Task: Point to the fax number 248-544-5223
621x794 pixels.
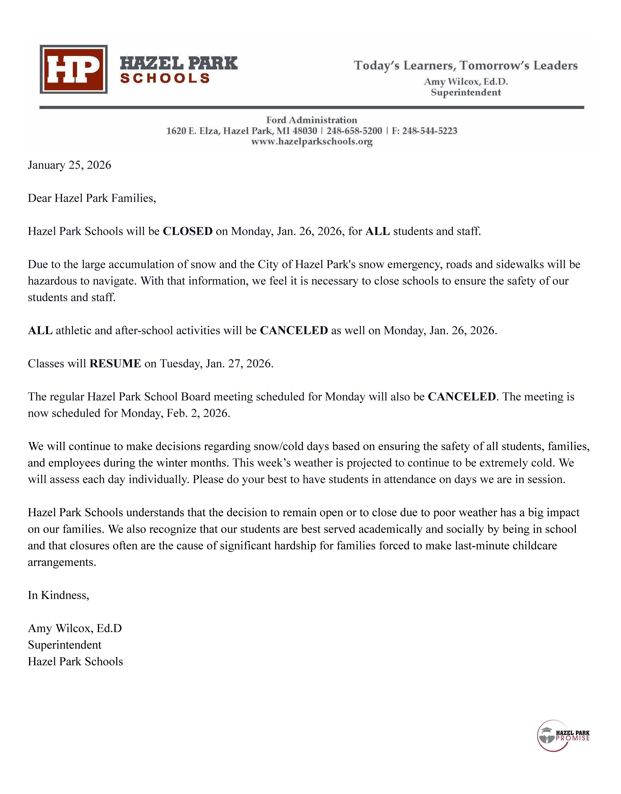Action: (x=430, y=131)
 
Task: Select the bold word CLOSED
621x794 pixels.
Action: (x=187, y=231)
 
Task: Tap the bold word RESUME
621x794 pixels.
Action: (x=115, y=364)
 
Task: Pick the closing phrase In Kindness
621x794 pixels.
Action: (x=58, y=595)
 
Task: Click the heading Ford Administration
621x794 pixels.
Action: (x=312, y=120)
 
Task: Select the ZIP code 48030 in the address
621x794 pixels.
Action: (x=305, y=131)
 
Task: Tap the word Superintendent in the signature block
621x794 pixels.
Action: (x=64, y=645)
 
